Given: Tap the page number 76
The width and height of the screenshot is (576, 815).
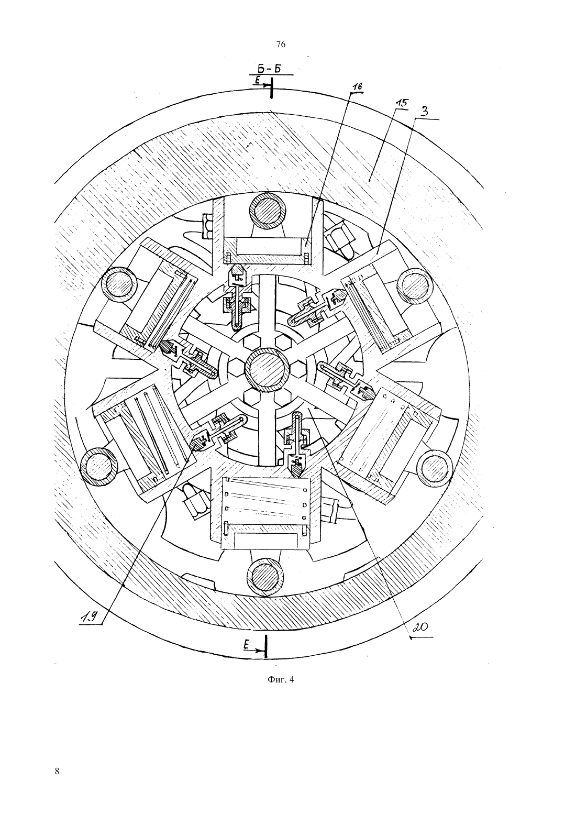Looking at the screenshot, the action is point(281,45).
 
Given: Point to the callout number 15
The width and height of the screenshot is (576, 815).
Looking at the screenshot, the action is point(401,103).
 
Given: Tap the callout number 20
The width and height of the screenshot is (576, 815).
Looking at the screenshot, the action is point(420,627).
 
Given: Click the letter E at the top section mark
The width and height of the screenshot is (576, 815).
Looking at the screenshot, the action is point(258,81).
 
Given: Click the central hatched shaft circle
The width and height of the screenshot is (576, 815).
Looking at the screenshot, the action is point(268,370).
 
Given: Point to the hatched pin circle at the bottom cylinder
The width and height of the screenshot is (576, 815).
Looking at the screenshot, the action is point(265,577).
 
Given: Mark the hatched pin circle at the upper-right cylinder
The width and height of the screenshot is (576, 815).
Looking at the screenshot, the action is point(416,286).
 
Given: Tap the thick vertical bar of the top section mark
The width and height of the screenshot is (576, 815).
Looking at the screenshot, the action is point(271,90).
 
